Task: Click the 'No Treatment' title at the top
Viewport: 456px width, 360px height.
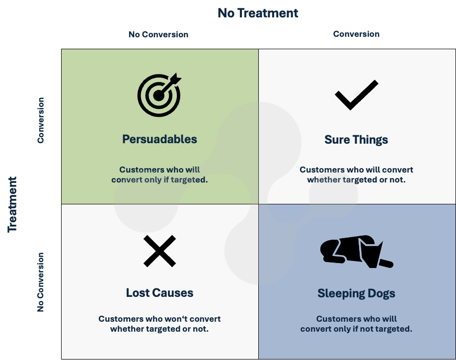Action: [258, 13]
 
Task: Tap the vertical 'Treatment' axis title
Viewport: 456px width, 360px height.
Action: [12, 204]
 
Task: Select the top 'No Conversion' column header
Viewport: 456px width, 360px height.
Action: [158, 34]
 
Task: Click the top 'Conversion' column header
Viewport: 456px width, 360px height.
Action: [356, 34]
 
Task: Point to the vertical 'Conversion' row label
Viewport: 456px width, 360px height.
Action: [41, 120]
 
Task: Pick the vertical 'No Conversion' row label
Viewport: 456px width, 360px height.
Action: [41, 282]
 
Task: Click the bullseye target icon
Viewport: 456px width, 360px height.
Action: [159, 94]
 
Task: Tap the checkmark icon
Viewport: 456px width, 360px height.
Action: [357, 95]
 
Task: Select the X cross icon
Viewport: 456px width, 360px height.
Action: [159, 251]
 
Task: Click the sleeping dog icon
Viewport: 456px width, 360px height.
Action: [357, 252]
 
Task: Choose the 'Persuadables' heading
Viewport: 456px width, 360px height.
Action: [159, 139]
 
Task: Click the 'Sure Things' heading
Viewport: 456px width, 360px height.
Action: [356, 140]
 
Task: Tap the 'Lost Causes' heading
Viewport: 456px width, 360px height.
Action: [159, 293]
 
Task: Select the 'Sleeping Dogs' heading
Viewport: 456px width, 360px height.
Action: [356, 293]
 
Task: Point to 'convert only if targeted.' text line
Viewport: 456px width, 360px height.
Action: [159, 180]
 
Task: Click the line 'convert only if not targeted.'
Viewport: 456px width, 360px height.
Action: [356, 329]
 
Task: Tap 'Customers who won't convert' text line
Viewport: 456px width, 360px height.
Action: [159, 319]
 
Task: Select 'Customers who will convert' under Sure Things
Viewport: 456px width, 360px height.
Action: [356, 170]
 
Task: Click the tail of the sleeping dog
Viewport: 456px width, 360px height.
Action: [386, 263]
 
